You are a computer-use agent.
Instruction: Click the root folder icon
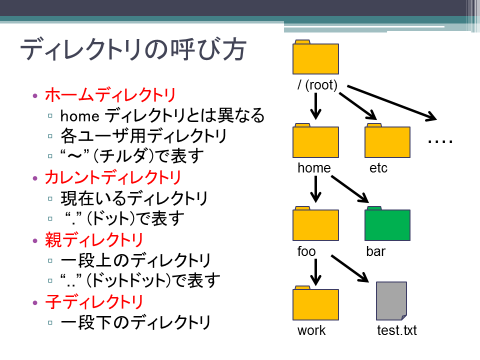pos(315,57)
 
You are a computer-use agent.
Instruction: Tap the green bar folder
pos(387,223)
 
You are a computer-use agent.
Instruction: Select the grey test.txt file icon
pos(391,301)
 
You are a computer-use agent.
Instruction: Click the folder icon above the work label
pos(315,303)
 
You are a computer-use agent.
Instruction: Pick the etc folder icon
pos(387,140)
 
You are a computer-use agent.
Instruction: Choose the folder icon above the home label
pos(315,140)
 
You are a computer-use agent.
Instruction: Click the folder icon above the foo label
pos(315,223)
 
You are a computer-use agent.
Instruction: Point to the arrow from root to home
pos(315,106)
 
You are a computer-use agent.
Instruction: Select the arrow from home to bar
pos(350,189)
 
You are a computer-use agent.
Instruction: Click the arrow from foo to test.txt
pos(350,268)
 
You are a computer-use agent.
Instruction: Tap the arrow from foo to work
pos(315,272)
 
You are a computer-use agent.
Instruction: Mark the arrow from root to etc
pos(358,106)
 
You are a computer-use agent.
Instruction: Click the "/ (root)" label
pos(317,85)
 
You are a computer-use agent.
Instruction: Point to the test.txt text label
pos(396,330)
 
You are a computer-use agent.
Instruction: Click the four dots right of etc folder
pos(440,141)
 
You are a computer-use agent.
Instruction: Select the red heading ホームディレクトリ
pos(110,94)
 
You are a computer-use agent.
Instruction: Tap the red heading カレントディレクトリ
pos(113,177)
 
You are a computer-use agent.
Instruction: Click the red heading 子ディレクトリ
pos(94,302)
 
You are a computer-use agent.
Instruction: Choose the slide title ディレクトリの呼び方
pos(133,49)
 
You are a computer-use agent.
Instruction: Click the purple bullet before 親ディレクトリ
pos(35,241)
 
